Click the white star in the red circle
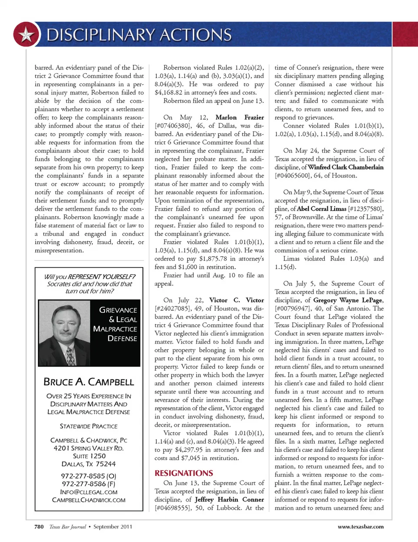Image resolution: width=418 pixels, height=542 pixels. coord(27,34)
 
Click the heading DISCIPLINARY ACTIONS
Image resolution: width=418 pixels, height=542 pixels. coord(139,35)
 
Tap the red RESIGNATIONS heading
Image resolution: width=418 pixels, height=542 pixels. coord(184,473)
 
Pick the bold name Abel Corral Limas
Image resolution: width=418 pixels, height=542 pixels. coord(321,209)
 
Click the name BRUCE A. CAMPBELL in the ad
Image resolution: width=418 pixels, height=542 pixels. coord(89,382)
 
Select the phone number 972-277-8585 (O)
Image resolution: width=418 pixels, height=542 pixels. coord(89,476)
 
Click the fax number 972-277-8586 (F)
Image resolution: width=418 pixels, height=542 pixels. coord(89,484)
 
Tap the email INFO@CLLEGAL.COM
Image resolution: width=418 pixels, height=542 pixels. coord(89,492)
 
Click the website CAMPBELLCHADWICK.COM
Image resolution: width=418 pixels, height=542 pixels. coord(89,500)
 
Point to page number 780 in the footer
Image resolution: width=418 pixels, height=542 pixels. coord(39,527)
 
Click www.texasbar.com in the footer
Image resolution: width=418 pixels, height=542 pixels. coord(361,527)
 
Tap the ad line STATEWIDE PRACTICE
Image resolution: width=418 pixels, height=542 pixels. coord(89,426)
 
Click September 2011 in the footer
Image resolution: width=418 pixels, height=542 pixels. coord(112,527)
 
